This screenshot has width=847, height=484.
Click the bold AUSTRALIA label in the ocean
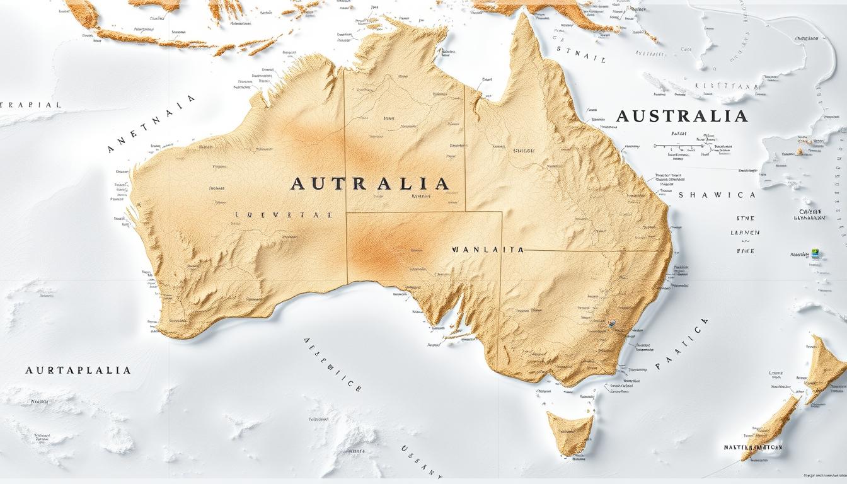click(681, 116)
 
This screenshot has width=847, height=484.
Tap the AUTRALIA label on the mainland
click(370, 184)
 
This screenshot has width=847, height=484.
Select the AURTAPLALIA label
click(78, 370)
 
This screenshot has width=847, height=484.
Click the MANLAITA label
click(488, 250)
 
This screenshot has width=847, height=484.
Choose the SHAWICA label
click(717, 195)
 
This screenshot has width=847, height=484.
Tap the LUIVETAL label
click(283, 215)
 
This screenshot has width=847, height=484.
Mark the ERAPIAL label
click(30, 105)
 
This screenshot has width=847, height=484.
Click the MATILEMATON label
click(753, 447)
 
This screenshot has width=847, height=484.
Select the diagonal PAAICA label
click(683, 343)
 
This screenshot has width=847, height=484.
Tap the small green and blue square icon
click(815, 253)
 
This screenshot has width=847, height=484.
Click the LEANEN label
click(744, 233)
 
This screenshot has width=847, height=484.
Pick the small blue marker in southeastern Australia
click(611, 325)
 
